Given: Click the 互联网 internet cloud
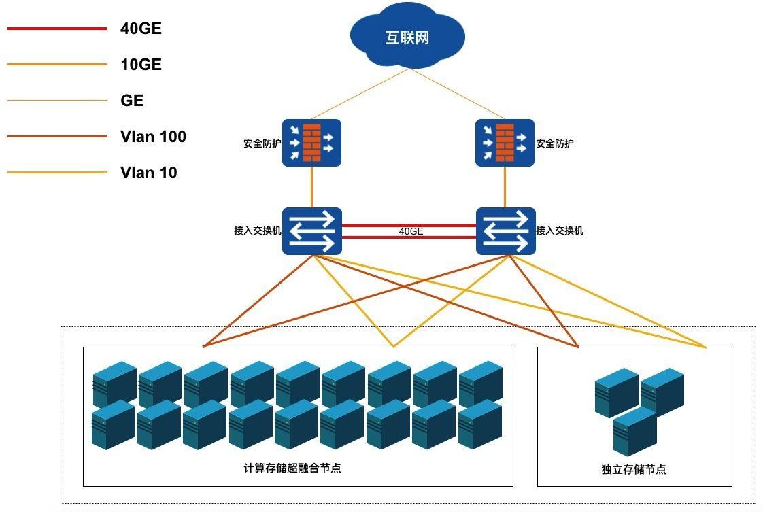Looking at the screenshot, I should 407,37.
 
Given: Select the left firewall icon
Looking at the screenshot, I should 311,143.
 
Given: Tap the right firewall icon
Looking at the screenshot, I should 505,143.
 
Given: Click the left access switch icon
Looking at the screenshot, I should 311,231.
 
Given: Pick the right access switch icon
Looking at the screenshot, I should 505,231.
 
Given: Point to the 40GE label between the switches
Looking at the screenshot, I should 411,231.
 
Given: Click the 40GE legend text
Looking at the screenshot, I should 141,29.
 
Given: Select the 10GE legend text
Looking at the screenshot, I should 141,65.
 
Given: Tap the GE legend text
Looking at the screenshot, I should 132,101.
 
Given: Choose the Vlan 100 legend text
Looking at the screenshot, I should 153,137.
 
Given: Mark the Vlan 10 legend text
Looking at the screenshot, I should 148,173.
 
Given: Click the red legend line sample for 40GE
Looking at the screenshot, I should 57,29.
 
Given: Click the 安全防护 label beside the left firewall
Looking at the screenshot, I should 262,143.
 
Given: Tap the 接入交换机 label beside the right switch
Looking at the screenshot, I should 559,231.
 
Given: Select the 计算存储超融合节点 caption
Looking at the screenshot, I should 292,468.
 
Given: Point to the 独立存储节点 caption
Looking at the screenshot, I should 633,469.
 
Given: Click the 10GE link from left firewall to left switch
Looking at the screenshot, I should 312,187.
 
